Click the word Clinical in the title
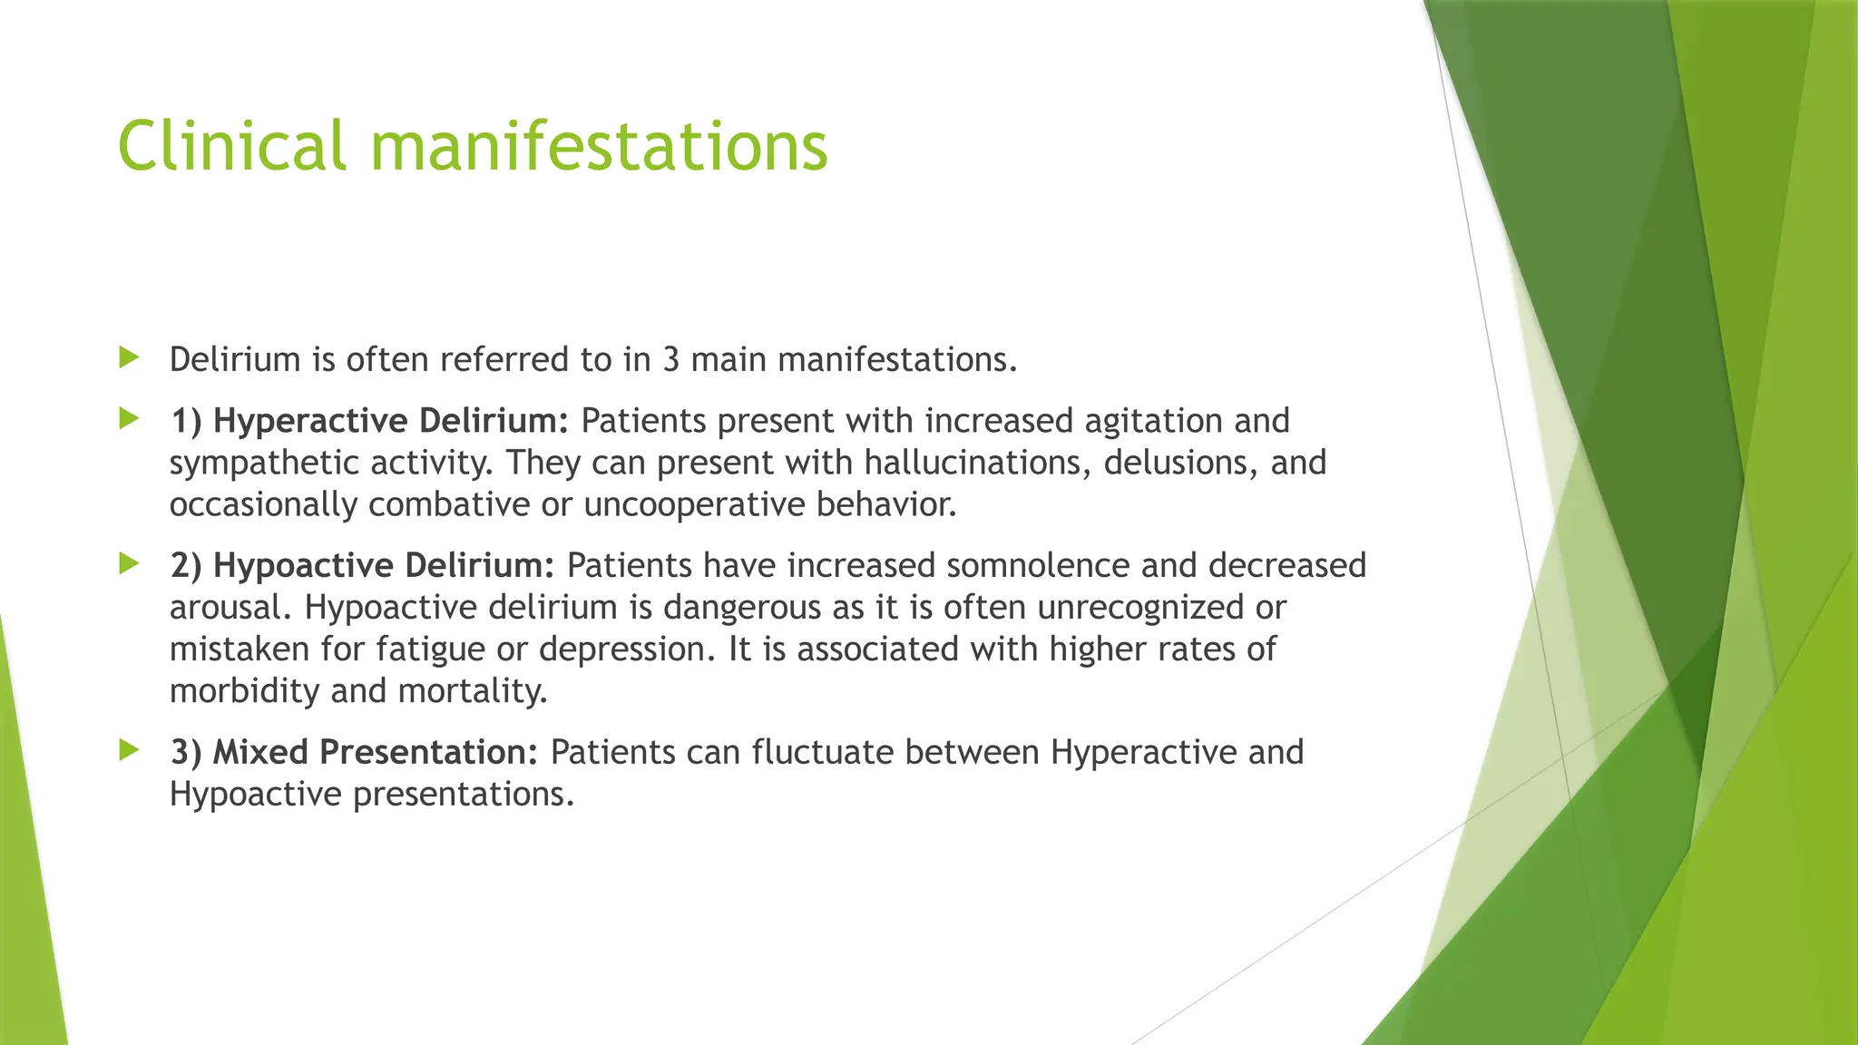point(231,145)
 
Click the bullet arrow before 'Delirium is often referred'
point(129,357)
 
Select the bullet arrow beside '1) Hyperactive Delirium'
point(129,419)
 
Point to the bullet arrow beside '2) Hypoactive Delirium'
point(129,564)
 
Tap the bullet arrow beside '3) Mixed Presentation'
point(129,750)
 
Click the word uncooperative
point(694,505)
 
